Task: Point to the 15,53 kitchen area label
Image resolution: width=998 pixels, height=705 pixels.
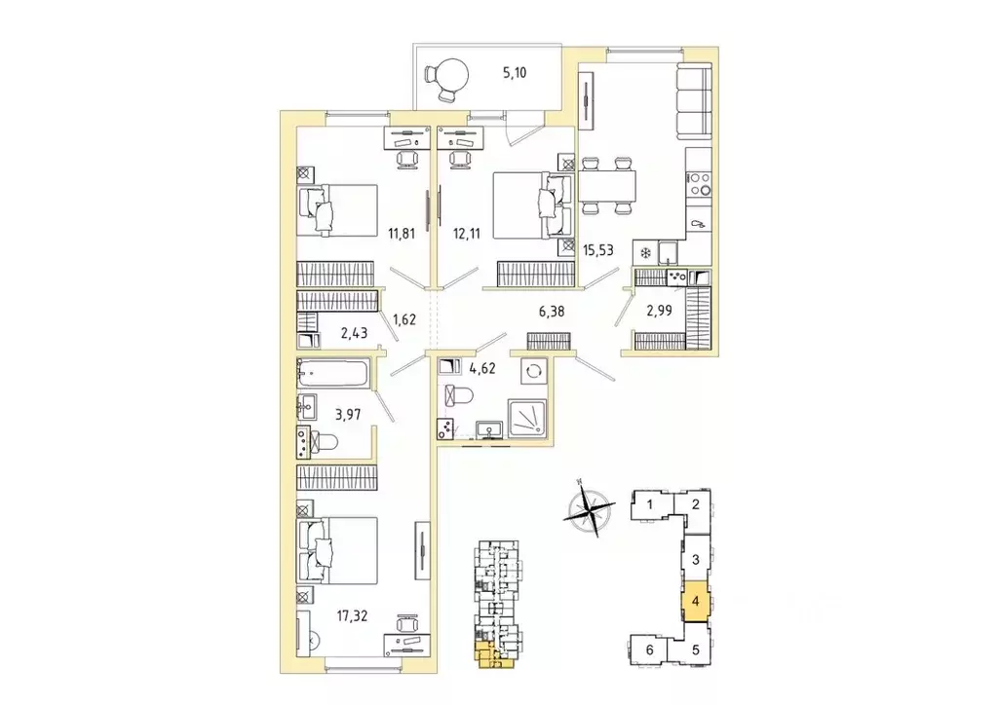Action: point(600,250)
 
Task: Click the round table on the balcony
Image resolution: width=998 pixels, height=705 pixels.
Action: point(451,72)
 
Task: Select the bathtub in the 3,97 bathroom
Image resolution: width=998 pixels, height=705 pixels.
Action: point(332,374)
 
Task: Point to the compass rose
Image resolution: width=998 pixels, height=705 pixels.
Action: point(589,509)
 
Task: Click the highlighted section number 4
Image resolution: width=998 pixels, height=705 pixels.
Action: point(695,602)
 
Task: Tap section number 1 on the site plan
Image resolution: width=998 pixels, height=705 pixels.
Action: point(648,504)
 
